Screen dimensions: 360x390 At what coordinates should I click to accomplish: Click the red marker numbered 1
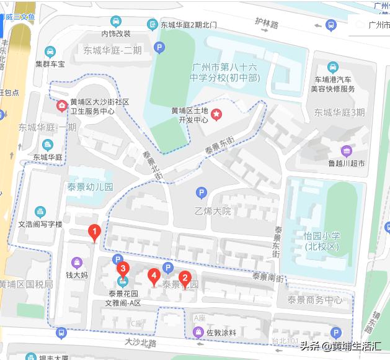tap(94, 233)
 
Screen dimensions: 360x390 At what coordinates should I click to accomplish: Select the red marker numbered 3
tap(123, 269)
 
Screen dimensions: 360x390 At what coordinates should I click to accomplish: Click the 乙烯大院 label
tap(212, 211)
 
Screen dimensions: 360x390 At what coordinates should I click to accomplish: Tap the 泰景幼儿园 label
tap(91, 186)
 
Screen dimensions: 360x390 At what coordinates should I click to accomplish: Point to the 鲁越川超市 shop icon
tap(346, 150)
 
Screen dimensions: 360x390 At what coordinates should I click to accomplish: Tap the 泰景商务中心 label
tap(315, 300)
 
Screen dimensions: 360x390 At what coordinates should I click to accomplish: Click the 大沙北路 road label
tap(140, 342)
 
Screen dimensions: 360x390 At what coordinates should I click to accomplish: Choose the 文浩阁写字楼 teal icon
tap(40, 212)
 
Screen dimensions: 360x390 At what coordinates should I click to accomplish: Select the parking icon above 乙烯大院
tap(200, 193)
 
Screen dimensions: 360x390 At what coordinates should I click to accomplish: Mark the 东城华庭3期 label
tap(339, 112)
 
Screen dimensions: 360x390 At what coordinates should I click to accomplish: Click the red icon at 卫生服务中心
tap(62, 105)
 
